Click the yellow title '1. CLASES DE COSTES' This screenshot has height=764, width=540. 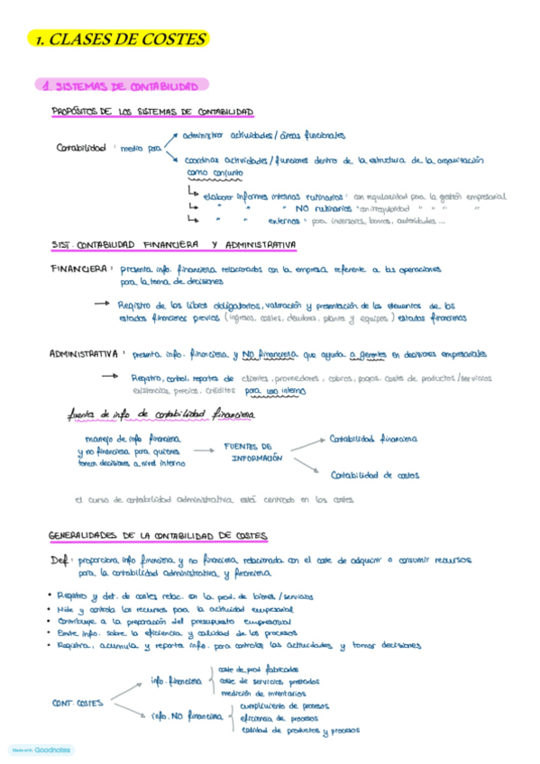point(119,40)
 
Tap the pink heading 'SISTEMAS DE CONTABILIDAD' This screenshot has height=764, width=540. point(125,86)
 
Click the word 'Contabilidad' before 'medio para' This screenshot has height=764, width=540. point(81,148)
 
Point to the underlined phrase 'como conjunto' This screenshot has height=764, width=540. point(215,173)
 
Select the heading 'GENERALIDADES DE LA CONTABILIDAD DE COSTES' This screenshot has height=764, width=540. point(158,536)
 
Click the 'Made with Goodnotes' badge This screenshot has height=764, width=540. point(41,750)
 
